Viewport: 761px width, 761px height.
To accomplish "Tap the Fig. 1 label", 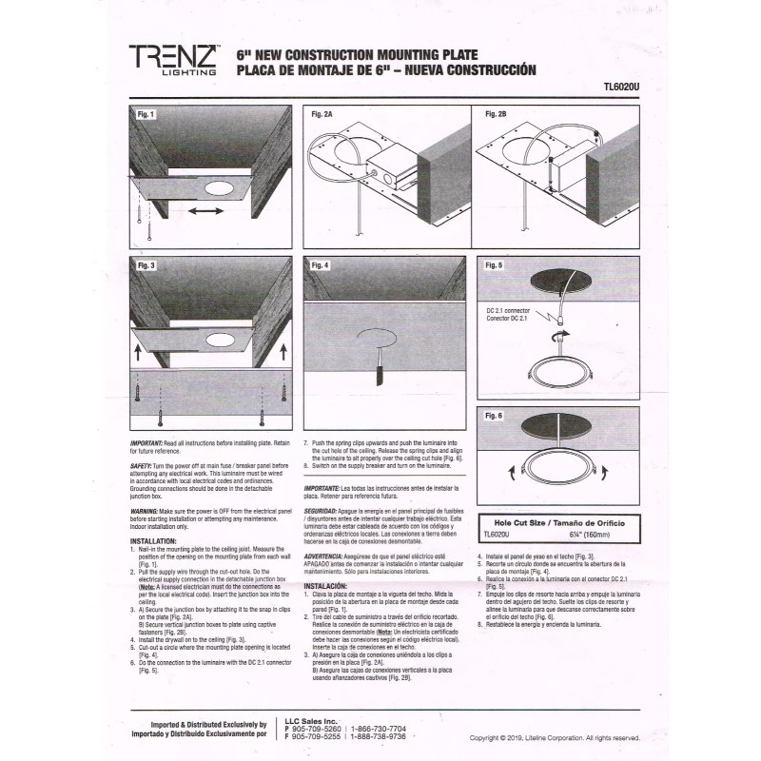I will pyautogui.click(x=146, y=114).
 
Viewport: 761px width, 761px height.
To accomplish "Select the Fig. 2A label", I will pyautogui.click(x=322, y=114).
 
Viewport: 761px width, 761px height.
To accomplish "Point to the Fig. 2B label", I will pyautogui.click(x=496, y=114).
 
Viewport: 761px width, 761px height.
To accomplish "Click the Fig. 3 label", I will pyautogui.click(x=146, y=265).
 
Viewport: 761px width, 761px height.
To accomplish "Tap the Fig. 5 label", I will pyautogui.click(x=493, y=265).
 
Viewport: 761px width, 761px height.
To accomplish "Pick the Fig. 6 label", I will pyautogui.click(x=493, y=416).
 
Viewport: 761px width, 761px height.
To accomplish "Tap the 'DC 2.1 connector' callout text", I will pyautogui.click(x=508, y=311).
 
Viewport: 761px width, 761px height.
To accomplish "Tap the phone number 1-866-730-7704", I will pyautogui.click(x=378, y=728).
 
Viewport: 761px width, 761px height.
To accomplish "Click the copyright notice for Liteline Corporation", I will pyautogui.click(x=555, y=737).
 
